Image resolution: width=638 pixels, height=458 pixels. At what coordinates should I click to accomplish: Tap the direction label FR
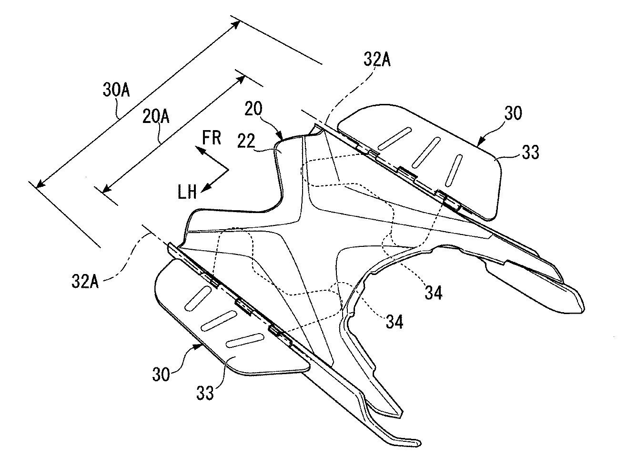click(211, 138)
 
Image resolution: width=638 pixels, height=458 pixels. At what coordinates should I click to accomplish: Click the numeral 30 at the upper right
click(512, 113)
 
